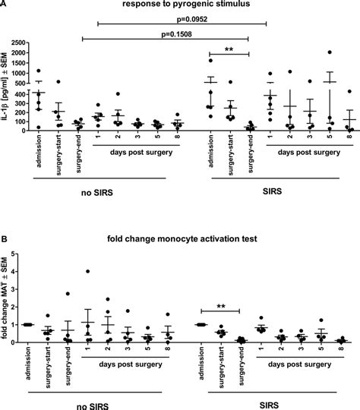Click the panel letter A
coord(5,5)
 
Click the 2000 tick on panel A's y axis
coord(22,53)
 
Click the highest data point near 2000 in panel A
coord(330,53)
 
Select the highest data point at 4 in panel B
coord(89,271)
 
